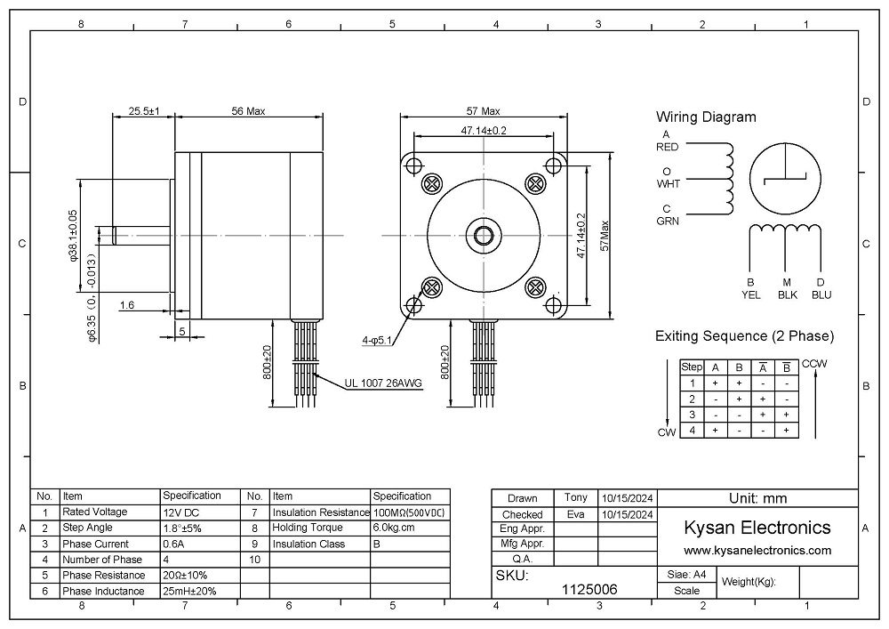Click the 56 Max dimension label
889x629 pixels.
248,111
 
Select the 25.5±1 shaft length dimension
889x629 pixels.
143,111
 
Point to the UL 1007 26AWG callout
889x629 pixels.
383,383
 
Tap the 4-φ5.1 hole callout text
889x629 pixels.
376,341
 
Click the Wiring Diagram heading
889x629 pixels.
706,117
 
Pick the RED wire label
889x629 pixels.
667,147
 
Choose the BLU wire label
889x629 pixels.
821,295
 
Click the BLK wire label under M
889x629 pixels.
787,295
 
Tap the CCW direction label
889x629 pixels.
814,364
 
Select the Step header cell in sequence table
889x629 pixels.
692,367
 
